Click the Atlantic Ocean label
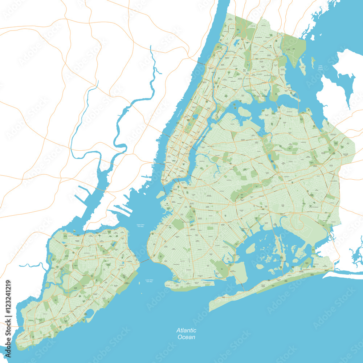click(x=186, y=334)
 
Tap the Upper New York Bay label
click(x=140, y=226)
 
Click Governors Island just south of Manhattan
click(x=161, y=195)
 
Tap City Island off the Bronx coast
click(x=302, y=67)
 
